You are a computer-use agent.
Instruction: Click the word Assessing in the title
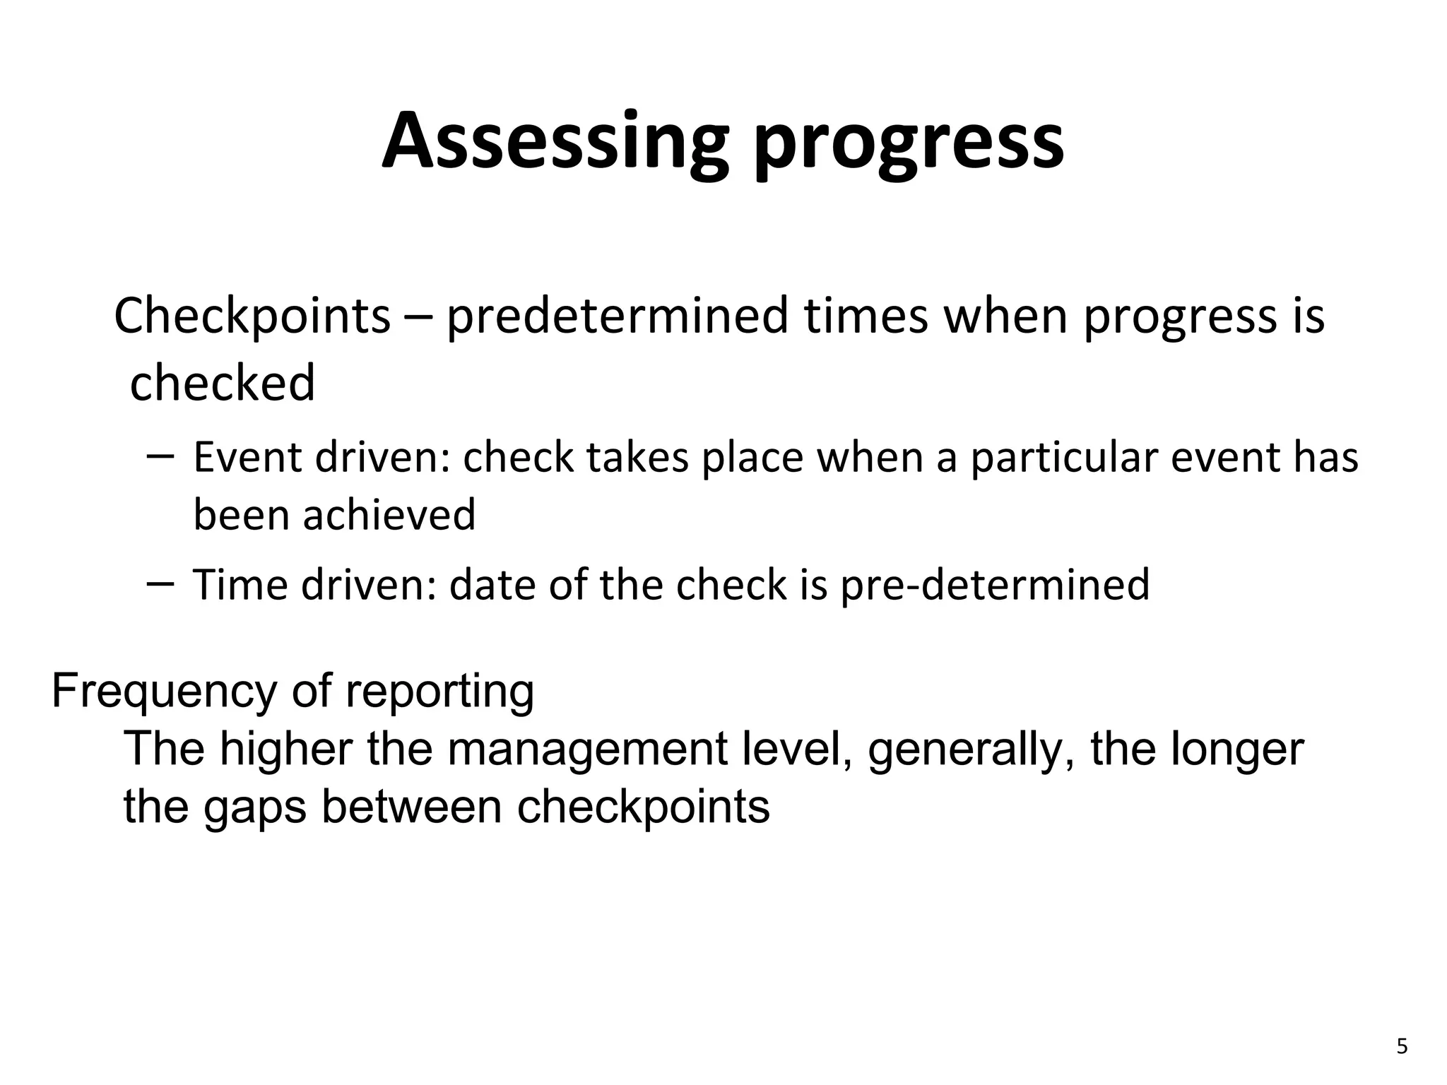coord(555,141)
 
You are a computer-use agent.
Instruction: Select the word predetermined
coord(617,316)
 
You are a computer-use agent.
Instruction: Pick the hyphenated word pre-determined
coord(995,586)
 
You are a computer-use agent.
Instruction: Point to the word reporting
coord(439,693)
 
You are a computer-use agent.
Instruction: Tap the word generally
coord(972,750)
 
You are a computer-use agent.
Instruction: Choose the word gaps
coord(255,808)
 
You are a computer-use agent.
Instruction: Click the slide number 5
coord(1402,1046)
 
